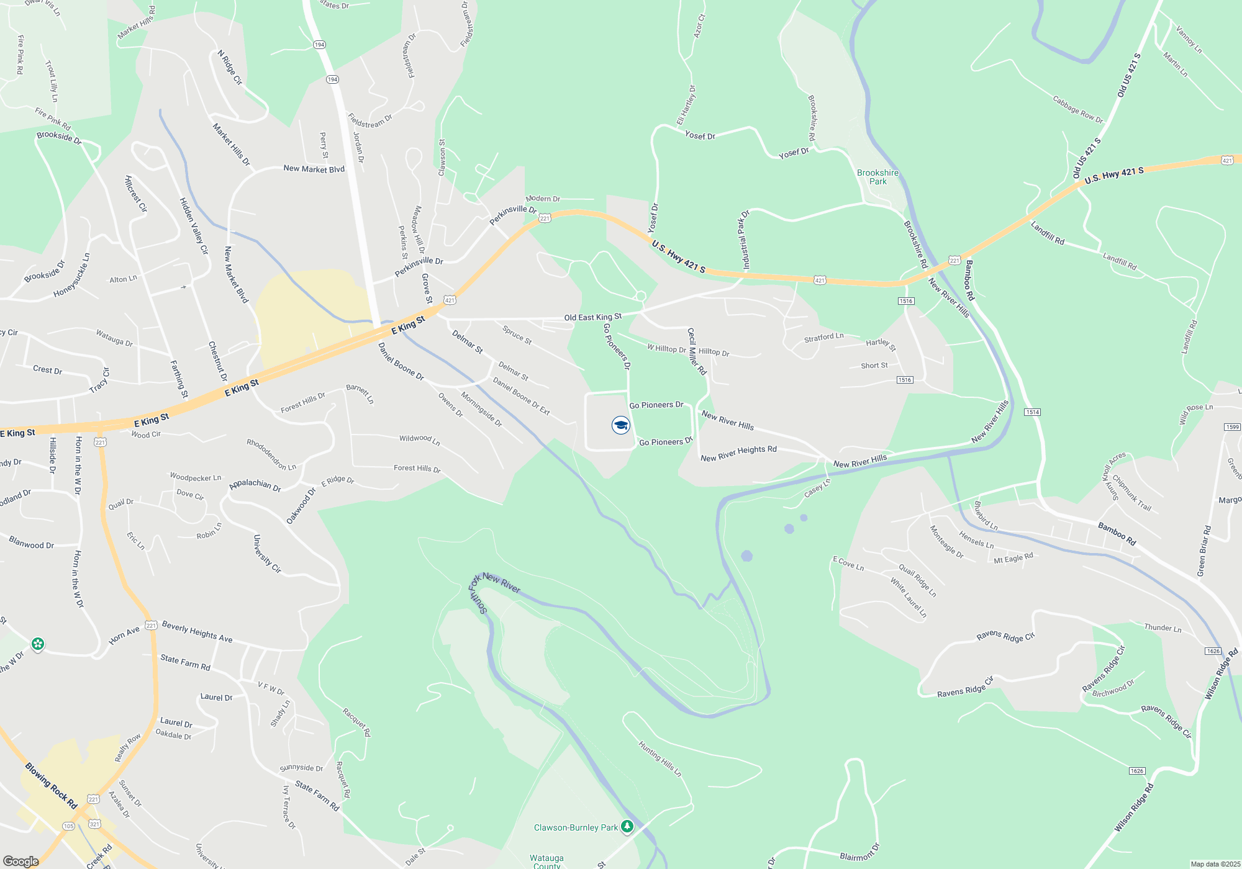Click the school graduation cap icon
pyautogui.click(x=620, y=425)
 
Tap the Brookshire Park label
pyautogui.click(x=877, y=177)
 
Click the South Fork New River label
pyautogui.click(x=494, y=590)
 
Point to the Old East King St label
pyautogui.click(x=592, y=317)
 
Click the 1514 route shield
pyautogui.click(x=1032, y=412)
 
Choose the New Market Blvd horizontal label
pyautogui.click(x=314, y=169)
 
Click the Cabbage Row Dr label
pyautogui.click(x=1077, y=109)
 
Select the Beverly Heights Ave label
pyautogui.click(x=197, y=632)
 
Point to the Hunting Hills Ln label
pyautogui.click(x=660, y=759)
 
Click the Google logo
pyautogui.click(x=21, y=862)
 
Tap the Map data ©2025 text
pyautogui.click(x=1215, y=864)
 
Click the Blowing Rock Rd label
pyautogui.click(x=51, y=786)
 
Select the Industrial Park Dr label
pyautogui.click(x=743, y=240)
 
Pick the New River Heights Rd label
pyautogui.click(x=738, y=454)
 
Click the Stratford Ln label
pyautogui.click(x=823, y=337)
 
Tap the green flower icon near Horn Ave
pyautogui.click(x=38, y=644)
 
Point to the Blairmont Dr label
pyautogui.click(x=859, y=852)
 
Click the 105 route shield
pyautogui.click(x=68, y=826)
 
